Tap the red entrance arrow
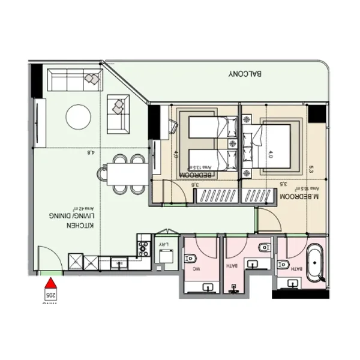[52, 282]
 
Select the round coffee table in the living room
[79, 116]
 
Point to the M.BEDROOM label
[298, 197]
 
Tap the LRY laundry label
[161, 244]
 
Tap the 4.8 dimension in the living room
[91, 152]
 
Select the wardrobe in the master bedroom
[260, 196]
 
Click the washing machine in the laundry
[163, 256]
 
